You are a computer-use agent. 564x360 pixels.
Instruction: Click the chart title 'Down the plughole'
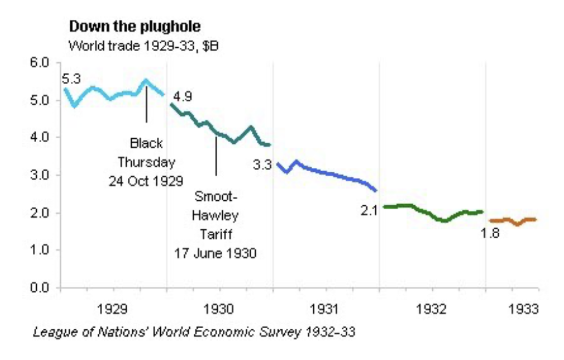pyautogui.click(x=134, y=26)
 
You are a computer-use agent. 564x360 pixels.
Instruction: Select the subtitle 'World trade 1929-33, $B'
pyautogui.click(x=143, y=46)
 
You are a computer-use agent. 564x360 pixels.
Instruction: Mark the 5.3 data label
pyautogui.click(x=71, y=78)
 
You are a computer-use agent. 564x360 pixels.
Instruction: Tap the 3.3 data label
pyautogui.click(x=262, y=164)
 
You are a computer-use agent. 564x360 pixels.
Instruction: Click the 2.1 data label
pyautogui.click(x=369, y=210)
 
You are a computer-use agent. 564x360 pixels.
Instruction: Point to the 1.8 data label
pyautogui.click(x=490, y=233)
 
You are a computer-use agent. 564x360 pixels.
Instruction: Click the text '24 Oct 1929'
pyautogui.click(x=146, y=180)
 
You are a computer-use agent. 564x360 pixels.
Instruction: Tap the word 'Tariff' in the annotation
pyautogui.click(x=216, y=235)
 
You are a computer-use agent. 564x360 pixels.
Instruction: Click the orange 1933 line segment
pyautogui.click(x=512, y=221)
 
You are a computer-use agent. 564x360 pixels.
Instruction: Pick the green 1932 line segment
pyautogui.click(x=433, y=215)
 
